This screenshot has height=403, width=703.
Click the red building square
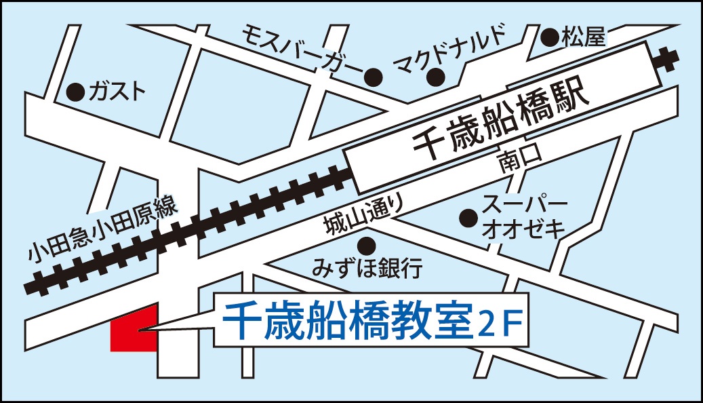point(134,328)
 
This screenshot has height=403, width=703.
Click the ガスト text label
point(117,90)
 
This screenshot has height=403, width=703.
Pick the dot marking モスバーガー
point(371,77)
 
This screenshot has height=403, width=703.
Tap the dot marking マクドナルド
point(435,78)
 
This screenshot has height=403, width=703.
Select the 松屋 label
point(582,37)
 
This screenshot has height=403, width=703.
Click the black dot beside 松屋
point(550,36)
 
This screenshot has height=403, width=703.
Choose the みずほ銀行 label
point(367,268)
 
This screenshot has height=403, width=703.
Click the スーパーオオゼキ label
point(523,216)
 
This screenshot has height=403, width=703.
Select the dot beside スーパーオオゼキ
point(467,218)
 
